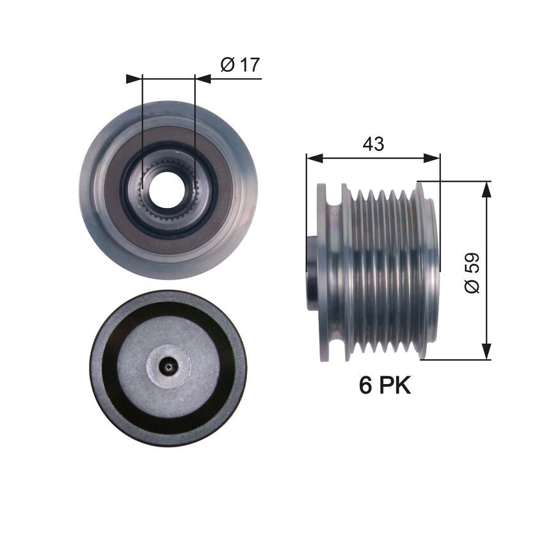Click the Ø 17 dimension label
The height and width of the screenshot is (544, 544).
point(239,64)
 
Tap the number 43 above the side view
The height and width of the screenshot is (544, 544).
point(373,144)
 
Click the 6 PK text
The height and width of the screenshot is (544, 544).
point(385,385)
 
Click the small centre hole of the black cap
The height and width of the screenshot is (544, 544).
point(168,367)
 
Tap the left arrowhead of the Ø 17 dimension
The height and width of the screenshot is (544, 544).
point(134,79)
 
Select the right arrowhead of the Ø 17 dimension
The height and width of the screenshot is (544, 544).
point(203,79)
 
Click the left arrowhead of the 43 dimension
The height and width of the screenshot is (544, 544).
point(313,157)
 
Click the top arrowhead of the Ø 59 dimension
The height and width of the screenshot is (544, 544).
point(487,188)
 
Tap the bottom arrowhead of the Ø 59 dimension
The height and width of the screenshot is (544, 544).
point(487,352)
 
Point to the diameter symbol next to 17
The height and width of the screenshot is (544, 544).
point(227,64)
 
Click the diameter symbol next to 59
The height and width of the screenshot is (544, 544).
point(472,286)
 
